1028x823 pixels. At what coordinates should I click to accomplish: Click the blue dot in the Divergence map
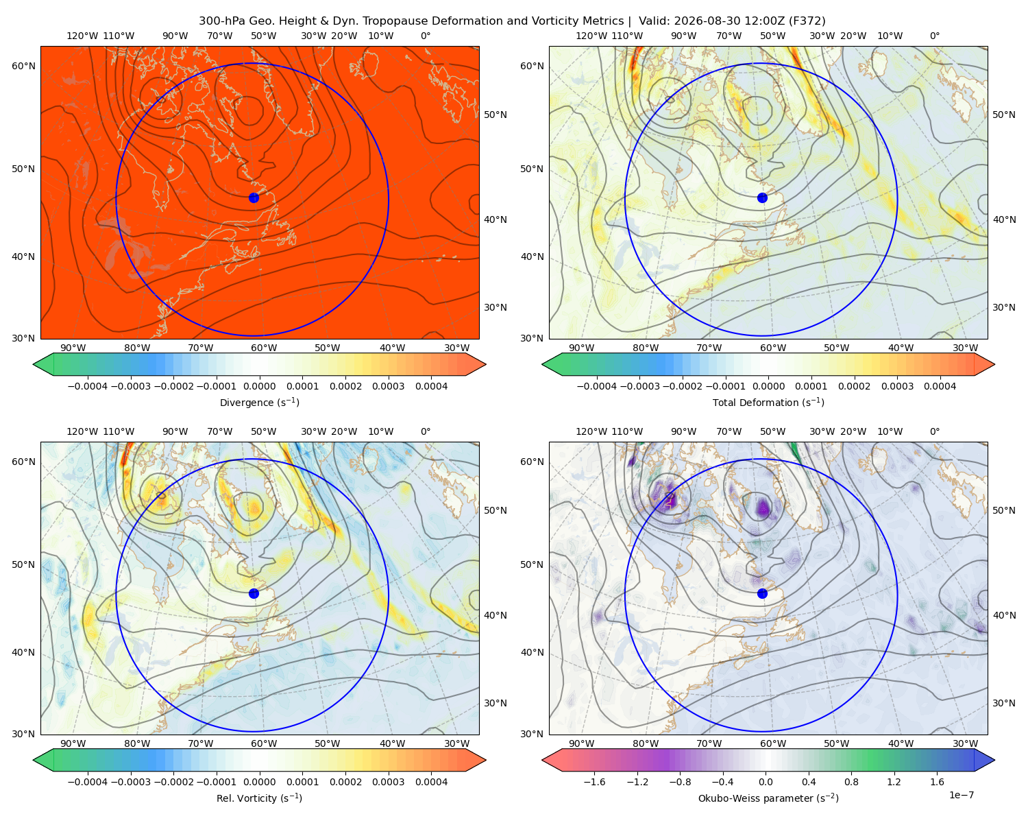(x=254, y=198)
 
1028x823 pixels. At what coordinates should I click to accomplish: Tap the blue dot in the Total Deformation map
(x=762, y=198)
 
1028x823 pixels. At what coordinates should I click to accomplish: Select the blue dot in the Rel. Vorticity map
(x=254, y=593)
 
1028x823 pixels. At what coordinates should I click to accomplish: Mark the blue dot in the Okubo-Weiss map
(x=762, y=593)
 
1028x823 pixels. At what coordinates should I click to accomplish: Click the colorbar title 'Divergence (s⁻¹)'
(x=259, y=402)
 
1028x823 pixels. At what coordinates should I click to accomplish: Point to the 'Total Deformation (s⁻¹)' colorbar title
(x=768, y=402)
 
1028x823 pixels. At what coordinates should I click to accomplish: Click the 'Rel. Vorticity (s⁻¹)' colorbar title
(x=259, y=798)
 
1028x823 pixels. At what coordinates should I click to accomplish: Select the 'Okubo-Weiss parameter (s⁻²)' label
(x=768, y=798)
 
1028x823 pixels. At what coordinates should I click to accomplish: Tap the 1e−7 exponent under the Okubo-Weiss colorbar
(x=961, y=795)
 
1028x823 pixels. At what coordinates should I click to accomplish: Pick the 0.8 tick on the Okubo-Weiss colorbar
(x=851, y=781)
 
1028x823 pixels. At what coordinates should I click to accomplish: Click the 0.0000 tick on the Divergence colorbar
(x=259, y=386)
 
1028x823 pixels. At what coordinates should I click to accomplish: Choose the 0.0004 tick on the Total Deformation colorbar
(x=940, y=386)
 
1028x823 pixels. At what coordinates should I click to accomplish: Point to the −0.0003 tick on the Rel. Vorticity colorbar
(x=130, y=781)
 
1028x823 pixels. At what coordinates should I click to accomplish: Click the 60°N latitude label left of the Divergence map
(x=23, y=66)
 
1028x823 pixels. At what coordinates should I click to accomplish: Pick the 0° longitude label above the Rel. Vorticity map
(x=426, y=431)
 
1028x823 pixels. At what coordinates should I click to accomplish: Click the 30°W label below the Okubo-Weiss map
(x=965, y=743)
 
